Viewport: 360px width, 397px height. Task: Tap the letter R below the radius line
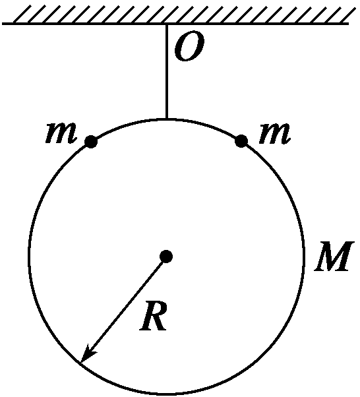(x=154, y=316)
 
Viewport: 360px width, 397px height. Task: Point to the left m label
(x=61, y=132)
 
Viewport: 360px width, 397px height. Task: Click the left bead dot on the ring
(x=90, y=141)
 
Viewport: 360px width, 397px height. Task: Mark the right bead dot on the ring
(x=241, y=140)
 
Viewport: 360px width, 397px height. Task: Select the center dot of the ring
(x=166, y=257)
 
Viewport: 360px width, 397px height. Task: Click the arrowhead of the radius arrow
(x=87, y=354)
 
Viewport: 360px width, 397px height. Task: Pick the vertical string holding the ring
(x=166, y=71)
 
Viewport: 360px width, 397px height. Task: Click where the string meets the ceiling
(x=166, y=24)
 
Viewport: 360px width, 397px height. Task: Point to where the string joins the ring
(x=166, y=119)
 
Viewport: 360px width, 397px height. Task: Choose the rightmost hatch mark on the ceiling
(x=346, y=15)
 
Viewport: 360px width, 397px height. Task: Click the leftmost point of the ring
(x=29, y=257)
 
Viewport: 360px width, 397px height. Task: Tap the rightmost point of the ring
(x=303, y=257)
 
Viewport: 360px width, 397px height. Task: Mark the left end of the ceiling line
(x=3, y=24)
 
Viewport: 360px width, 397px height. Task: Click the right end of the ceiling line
(x=349, y=24)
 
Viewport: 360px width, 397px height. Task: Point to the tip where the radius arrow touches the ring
(x=80, y=363)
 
